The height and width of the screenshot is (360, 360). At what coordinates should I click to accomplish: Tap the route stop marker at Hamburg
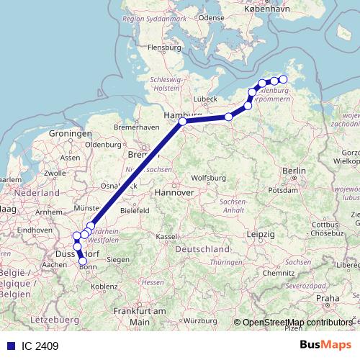click(183, 122)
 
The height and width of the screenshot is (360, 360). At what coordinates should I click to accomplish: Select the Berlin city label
click(294, 171)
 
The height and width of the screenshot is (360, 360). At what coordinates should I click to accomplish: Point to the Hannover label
click(175, 193)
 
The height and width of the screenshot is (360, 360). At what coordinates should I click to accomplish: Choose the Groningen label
click(71, 134)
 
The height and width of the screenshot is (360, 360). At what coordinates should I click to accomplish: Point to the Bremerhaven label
click(137, 127)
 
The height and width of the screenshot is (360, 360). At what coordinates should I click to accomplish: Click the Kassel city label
click(166, 237)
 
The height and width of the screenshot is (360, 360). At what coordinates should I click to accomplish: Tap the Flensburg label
click(163, 48)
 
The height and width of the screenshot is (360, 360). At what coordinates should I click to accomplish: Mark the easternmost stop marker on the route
click(283, 80)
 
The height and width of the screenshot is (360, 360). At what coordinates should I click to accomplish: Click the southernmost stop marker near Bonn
click(83, 261)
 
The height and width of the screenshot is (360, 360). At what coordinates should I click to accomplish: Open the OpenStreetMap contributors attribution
click(297, 323)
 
